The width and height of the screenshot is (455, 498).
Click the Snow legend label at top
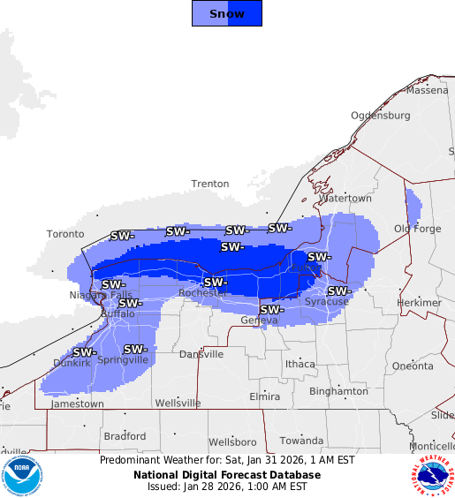(x=227, y=13)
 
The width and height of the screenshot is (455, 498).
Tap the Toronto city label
(x=65, y=234)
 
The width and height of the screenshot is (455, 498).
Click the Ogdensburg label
(x=380, y=116)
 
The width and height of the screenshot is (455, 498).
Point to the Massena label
(x=428, y=90)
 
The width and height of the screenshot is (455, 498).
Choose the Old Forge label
(x=416, y=229)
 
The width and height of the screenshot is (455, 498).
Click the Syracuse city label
(x=327, y=302)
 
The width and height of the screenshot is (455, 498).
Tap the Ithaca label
(x=300, y=364)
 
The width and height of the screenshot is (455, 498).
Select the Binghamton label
(x=338, y=391)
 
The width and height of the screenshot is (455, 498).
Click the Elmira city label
(x=264, y=396)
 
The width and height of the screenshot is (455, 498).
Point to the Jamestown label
(x=77, y=404)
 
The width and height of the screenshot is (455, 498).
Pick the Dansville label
(x=201, y=354)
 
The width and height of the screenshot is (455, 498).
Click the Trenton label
(x=210, y=184)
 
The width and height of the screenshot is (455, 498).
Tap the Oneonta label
(x=413, y=366)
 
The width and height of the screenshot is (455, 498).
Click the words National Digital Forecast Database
(x=227, y=475)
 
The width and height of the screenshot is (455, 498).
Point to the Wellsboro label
(x=232, y=441)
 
